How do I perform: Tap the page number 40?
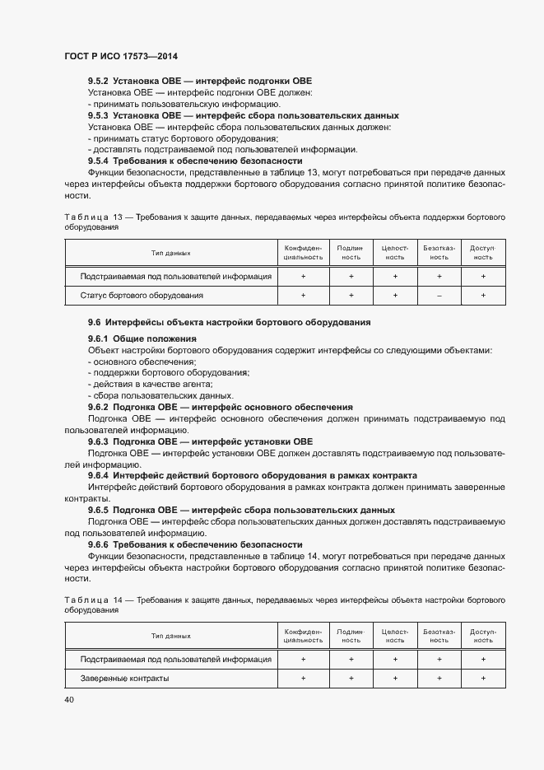pyautogui.click(x=68, y=699)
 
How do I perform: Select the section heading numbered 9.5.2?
pyautogui.click(x=200, y=82)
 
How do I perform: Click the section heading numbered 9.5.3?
pyautogui.click(x=243, y=116)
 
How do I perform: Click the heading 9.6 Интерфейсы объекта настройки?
pyautogui.click(x=229, y=321)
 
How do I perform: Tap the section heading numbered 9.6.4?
pyautogui.click(x=252, y=476)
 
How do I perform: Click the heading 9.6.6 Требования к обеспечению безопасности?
pyautogui.click(x=195, y=545)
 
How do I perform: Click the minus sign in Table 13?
pyautogui.click(x=439, y=295)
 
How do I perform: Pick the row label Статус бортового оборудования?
pyautogui.click(x=142, y=295)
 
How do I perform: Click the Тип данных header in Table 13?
pyautogui.click(x=170, y=253)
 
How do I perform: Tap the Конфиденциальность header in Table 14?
pyautogui.click(x=303, y=635)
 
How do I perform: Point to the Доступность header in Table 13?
pyautogui.click(x=482, y=253)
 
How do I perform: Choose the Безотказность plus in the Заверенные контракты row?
pyautogui.click(x=439, y=678)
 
